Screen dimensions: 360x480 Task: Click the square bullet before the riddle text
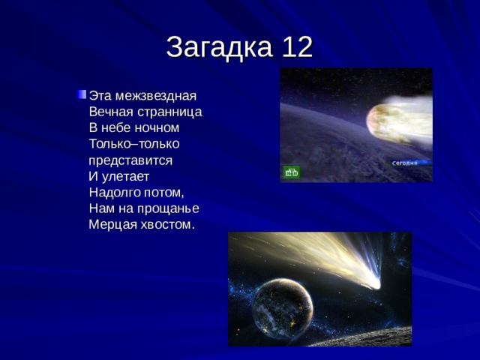click(x=80, y=94)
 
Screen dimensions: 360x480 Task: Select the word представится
click(x=130, y=160)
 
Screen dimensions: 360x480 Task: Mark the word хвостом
click(x=167, y=224)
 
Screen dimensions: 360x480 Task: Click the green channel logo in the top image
click(x=291, y=173)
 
